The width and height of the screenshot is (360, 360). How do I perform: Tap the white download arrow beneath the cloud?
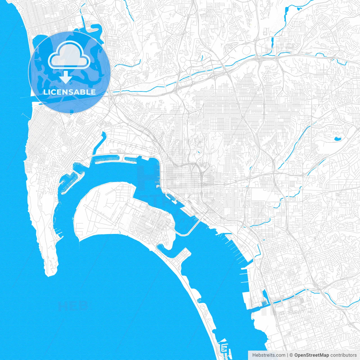pyautogui.click(x=66, y=77)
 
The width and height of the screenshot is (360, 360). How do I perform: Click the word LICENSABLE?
pyautogui.click(x=69, y=92)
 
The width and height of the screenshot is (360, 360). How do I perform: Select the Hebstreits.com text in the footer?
pyautogui.click(x=269, y=355)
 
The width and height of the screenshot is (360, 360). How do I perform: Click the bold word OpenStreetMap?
pyautogui.click(x=312, y=355)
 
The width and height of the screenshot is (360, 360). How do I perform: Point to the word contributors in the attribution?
pyautogui.click(x=343, y=355)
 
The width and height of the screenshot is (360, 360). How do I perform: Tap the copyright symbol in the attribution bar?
pyautogui.click(x=291, y=355)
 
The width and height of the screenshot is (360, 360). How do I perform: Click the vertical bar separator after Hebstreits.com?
pyautogui.click(x=287, y=355)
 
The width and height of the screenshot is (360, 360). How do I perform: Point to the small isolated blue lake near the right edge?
pyautogui.click(x=337, y=138)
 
